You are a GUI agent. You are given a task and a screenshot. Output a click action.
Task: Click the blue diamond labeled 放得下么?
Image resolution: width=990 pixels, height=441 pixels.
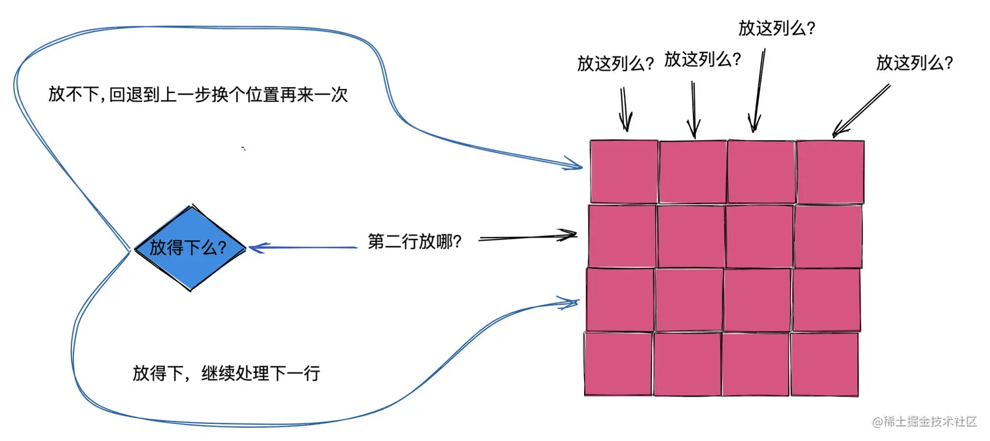190,248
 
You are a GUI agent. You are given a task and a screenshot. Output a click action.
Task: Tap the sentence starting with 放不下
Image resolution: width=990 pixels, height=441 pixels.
197,95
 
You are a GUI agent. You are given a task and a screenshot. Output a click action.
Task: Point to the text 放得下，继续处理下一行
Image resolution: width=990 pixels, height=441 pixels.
227,374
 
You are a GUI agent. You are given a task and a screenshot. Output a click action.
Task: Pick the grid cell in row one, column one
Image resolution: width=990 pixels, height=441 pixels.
623,171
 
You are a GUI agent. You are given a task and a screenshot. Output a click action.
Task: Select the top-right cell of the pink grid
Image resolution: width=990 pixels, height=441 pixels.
830,171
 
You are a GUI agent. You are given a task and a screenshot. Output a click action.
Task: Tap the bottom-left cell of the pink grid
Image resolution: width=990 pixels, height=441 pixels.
617,364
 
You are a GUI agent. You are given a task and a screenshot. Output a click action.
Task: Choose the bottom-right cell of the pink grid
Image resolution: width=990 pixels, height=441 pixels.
824,364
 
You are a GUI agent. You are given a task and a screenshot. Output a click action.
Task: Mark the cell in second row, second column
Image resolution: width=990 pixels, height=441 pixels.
691,236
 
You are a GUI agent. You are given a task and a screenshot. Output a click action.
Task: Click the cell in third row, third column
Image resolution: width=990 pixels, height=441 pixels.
758,300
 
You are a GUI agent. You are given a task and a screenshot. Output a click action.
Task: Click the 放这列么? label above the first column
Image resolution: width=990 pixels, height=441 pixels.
615,63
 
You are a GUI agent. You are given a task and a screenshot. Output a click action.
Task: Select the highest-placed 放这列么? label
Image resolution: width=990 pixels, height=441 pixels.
780,28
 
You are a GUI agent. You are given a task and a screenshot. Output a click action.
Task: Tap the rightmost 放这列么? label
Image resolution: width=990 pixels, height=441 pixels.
914,63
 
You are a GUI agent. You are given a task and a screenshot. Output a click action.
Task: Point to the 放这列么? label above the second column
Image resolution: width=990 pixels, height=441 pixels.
703,60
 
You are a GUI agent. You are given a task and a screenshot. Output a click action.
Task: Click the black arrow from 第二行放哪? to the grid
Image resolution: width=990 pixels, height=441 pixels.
527,237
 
